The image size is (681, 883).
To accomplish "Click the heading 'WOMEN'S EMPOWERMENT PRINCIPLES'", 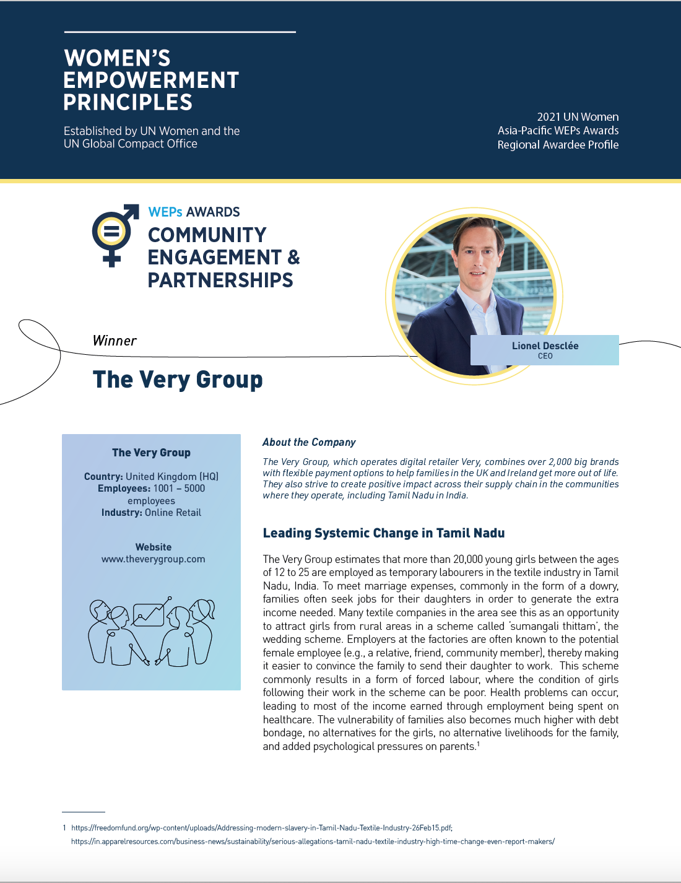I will click(x=151, y=80).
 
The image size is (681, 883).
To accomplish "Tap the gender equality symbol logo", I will click(x=114, y=234).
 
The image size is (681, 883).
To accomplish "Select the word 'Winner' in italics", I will click(x=115, y=341).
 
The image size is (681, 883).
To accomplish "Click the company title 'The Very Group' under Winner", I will click(x=178, y=380).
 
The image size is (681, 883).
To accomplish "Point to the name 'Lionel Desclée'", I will click(x=545, y=346).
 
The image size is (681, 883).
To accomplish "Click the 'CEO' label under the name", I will click(x=545, y=356).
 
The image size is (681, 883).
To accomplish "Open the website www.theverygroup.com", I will click(x=153, y=559).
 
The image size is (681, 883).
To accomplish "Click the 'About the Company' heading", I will click(x=309, y=442).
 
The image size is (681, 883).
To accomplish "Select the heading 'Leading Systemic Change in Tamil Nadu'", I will click(x=384, y=533).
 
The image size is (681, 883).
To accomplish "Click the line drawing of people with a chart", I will click(x=152, y=632).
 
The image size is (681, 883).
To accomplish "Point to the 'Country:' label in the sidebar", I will click(x=103, y=477).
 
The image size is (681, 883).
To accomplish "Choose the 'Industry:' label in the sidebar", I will click(x=122, y=513).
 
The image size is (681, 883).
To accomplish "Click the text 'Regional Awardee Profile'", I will click(x=558, y=145).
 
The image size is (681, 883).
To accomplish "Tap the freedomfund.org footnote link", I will click(x=261, y=828).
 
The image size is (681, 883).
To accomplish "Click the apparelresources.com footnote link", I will click(x=313, y=842).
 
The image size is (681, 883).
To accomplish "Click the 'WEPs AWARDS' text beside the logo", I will click(x=194, y=212).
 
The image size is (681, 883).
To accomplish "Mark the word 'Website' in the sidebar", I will click(x=154, y=547).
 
